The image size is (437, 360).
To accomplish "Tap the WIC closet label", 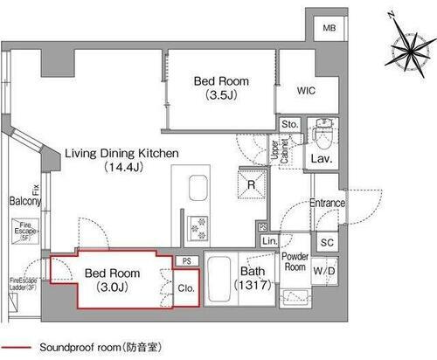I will click(305, 91).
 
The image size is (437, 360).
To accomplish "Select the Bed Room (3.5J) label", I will click(220, 87).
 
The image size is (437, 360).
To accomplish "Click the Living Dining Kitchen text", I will click(121, 158).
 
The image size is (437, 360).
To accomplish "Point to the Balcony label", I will click(25, 201).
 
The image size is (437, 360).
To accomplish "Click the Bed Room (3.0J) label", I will click(111, 278).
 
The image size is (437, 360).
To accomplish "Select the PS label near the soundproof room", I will click(186, 260).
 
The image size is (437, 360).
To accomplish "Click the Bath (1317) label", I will click(256, 279).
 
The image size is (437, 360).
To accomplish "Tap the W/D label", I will click(323, 271).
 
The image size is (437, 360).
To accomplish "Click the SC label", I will click(327, 242).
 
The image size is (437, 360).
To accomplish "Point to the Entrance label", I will click(328, 204).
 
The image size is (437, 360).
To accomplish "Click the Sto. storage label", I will click(290, 124).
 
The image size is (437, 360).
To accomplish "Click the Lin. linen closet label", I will click(269, 240).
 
